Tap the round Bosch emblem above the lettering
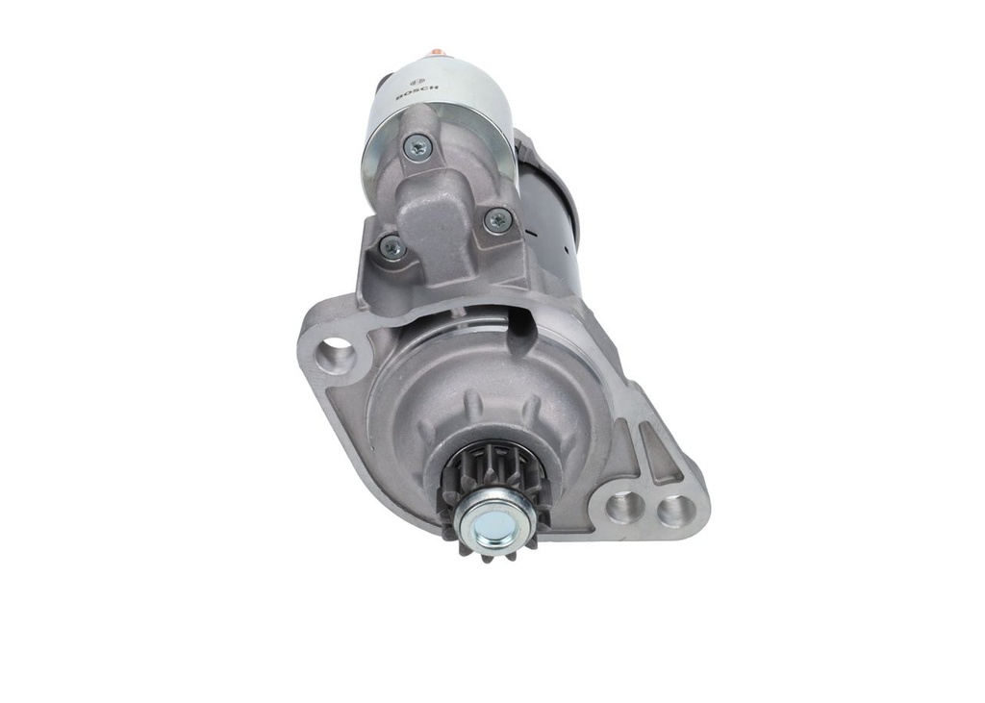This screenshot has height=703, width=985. click(416, 81)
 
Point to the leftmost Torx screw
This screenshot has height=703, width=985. click(391, 245)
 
